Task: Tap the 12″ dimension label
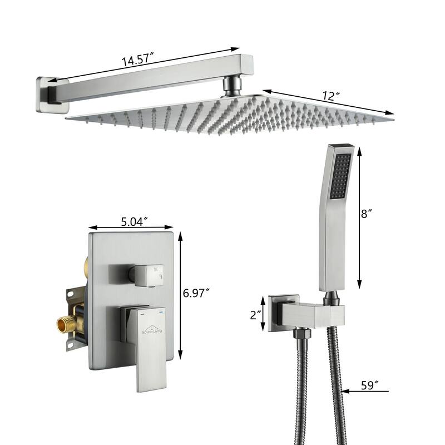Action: coord(331,96)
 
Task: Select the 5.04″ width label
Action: coord(134,221)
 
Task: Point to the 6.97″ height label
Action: coord(196,293)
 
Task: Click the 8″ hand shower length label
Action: coord(367,214)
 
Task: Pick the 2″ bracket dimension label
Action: coord(256,315)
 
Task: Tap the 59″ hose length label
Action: coord(370,385)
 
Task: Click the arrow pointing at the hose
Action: coord(365,392)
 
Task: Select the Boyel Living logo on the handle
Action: coord(152,330)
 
